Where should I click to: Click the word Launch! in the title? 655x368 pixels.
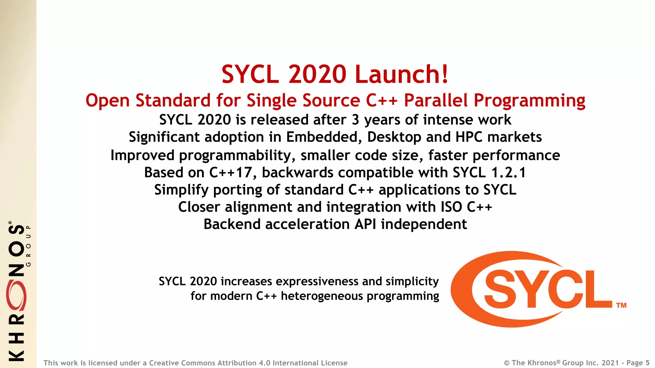click(402, 74)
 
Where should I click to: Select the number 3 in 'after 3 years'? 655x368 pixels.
click(355, 120)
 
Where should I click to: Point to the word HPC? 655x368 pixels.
click(469, 137)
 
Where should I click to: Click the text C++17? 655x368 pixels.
click(233, 173)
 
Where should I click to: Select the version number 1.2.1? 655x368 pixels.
click(509, 173)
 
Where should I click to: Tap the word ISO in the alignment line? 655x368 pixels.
click(451, 207)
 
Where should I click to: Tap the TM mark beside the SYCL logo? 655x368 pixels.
click(621, 305)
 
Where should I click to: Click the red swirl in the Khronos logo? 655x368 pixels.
click(16, 296)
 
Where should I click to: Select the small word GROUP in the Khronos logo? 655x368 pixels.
click(28, 246)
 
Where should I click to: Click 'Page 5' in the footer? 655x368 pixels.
click(638, 363)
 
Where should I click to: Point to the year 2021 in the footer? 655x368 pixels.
click(610, 363)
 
